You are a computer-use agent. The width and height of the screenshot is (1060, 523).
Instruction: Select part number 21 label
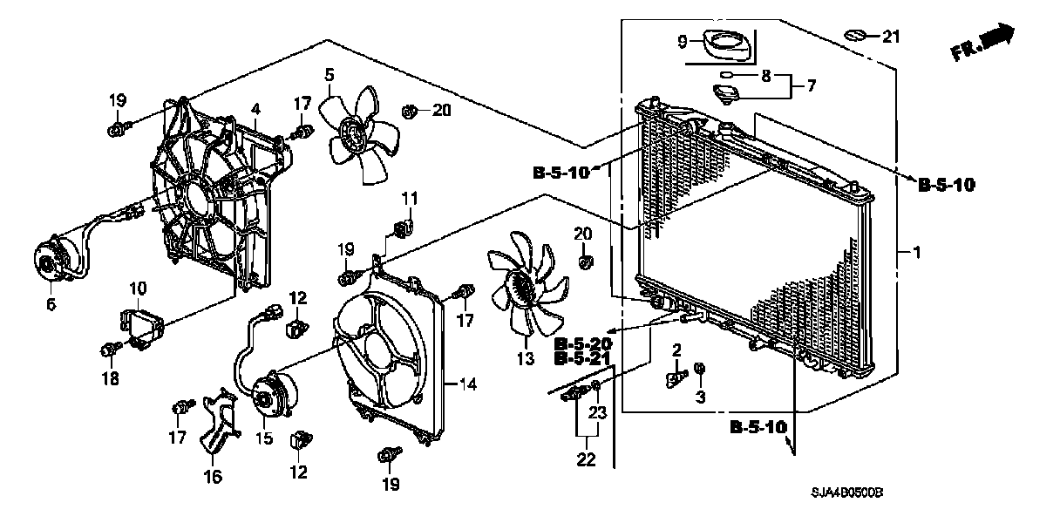click(889, 37)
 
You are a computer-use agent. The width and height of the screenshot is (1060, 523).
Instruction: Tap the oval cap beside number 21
click(857, 36)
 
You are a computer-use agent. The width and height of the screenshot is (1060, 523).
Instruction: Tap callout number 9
click(683, 40)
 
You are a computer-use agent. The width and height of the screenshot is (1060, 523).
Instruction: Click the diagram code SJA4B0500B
click(845, 493)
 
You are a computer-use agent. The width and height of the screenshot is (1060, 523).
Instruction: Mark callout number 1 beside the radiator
click(915, 252)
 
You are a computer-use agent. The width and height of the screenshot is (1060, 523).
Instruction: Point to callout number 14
click(467, 383)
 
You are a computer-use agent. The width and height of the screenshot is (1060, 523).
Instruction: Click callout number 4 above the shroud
click(255, 109)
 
